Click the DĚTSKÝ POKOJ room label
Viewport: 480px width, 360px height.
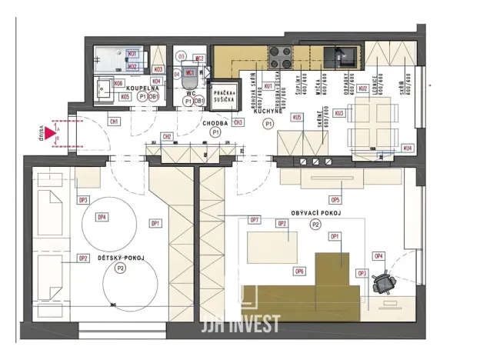pos(120,258)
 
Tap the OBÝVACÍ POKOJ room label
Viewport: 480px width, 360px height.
pos(315,212)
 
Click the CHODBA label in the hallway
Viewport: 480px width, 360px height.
pos(215,123)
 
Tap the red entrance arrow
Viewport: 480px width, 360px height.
pos(51,135)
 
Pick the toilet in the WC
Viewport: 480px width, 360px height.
pos(190,72)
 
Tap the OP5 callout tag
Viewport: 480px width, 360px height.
pos(335,199)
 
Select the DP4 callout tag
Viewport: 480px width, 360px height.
pos(102,217)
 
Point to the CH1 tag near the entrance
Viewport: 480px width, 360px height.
pos(114,122)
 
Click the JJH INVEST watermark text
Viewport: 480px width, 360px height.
pos(239,324)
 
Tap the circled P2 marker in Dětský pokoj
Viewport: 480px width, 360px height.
pos(120,268)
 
